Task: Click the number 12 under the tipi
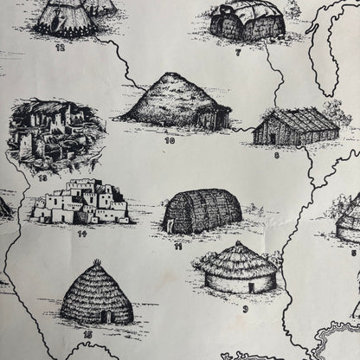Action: (x=61, y=48)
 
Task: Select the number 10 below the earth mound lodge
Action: (x=169, y=138)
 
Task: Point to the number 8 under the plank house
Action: (x=276, y=157)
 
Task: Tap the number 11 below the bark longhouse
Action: (x=177, y=246)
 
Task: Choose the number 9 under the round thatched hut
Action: (x=245, y=307)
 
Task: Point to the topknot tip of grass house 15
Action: (x=97, y=261)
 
